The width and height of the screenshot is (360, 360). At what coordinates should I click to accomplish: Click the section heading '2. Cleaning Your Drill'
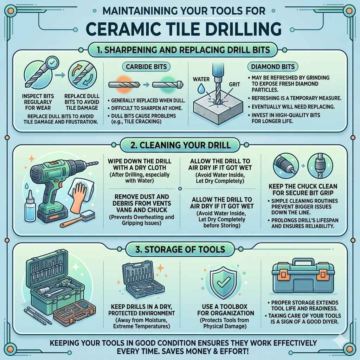tap(180, 145)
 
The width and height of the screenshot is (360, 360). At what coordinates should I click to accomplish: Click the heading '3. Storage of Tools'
tap(180, 249)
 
